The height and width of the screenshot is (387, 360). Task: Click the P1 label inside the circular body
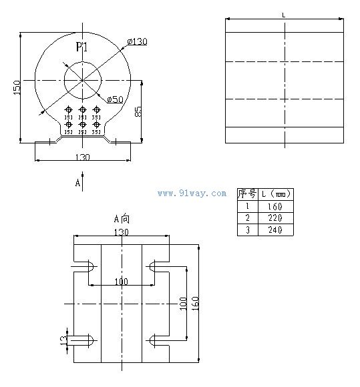[x=82, y=47]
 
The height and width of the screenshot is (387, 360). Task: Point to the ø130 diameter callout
[x=137, y=41]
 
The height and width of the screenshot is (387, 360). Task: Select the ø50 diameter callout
[x=116, y=99]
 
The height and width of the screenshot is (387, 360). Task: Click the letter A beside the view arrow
[x=77, y=181]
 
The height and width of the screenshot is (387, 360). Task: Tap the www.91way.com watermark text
[x=192, y=193]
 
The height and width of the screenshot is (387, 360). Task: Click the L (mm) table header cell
[x=275, y=194]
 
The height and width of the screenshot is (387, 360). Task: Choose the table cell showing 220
[x=275, y=218]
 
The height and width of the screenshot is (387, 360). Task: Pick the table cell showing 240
[x=275, y=230]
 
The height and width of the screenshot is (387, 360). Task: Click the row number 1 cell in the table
[x=247, y=206]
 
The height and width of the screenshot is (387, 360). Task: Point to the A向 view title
[x=122, y=218]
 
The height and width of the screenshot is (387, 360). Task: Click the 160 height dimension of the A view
[x=195, y=303]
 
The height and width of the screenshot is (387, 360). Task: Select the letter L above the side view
[x=284, y=15]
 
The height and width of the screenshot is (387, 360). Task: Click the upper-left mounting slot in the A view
[x=82, y=267]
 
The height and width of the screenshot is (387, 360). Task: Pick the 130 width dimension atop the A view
[x=122, y=232]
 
